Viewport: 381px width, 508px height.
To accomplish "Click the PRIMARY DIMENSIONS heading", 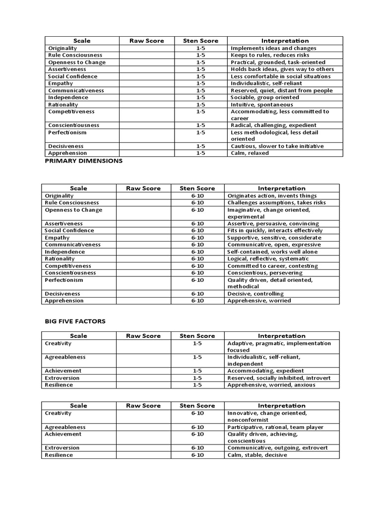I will click(x=83, y=161).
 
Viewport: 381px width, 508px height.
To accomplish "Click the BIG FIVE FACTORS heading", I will click(x=75, y=321).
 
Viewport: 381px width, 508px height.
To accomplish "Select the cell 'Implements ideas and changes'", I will click(x=273, y=48).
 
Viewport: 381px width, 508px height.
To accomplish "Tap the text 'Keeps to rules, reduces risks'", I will click(x=270, y=55).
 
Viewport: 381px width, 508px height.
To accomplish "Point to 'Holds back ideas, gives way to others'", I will click(x=282, y=69).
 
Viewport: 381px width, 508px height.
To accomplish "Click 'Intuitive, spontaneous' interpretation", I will click(x=261, y=105).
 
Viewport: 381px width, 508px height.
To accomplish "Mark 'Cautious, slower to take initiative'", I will click(x=277, y=146).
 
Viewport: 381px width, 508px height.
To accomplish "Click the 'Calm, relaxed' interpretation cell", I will click(x=250, y=153).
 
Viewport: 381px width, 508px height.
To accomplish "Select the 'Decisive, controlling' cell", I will click(x=255, y=294).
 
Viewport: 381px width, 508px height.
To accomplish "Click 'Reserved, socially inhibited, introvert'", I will click(x=279, y=378).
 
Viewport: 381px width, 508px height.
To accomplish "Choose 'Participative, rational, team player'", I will click(x=275, y=427).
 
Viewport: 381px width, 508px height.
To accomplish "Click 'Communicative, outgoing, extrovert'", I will click(x=277, y=448).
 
